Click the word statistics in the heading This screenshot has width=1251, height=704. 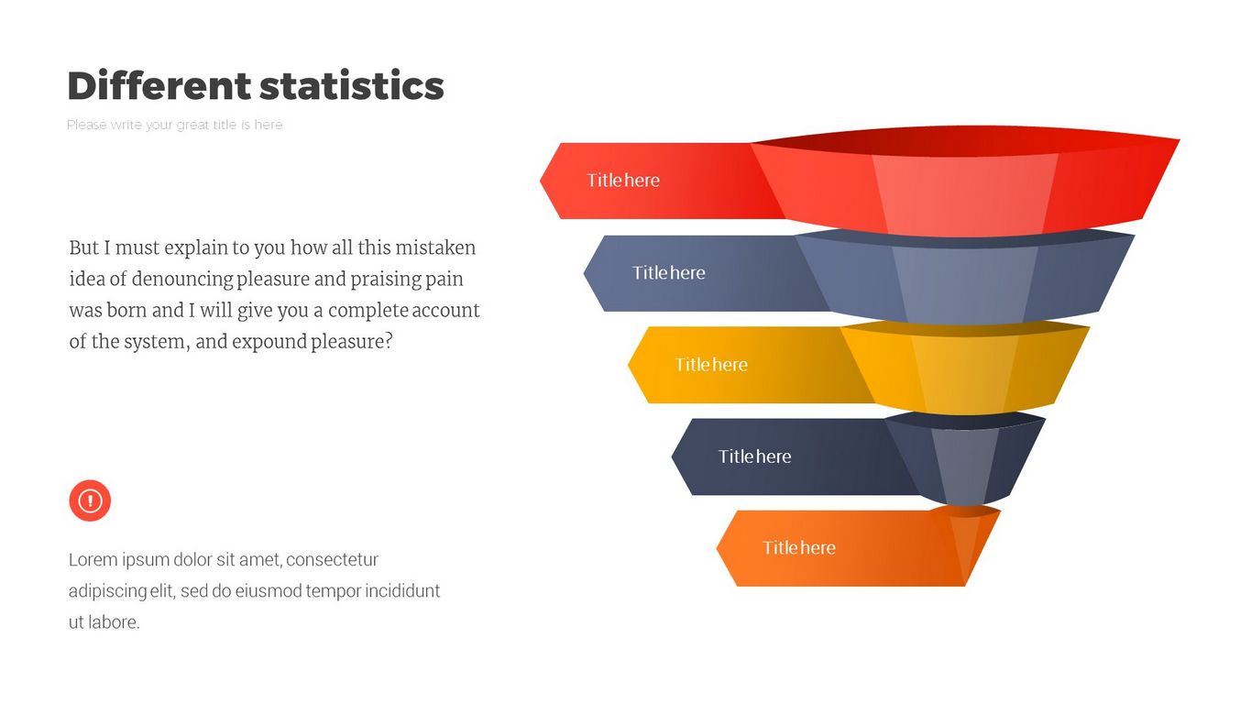352,86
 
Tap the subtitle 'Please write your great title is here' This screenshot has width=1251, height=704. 175,125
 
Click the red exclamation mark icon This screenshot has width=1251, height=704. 90,500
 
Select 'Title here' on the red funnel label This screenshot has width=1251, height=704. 623,181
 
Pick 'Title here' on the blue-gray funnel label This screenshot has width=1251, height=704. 668,272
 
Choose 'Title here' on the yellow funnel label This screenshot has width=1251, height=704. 711,365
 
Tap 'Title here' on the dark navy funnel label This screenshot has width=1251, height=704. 754,456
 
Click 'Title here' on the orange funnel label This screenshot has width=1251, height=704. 799,547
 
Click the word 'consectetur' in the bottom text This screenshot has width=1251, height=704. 333,559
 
